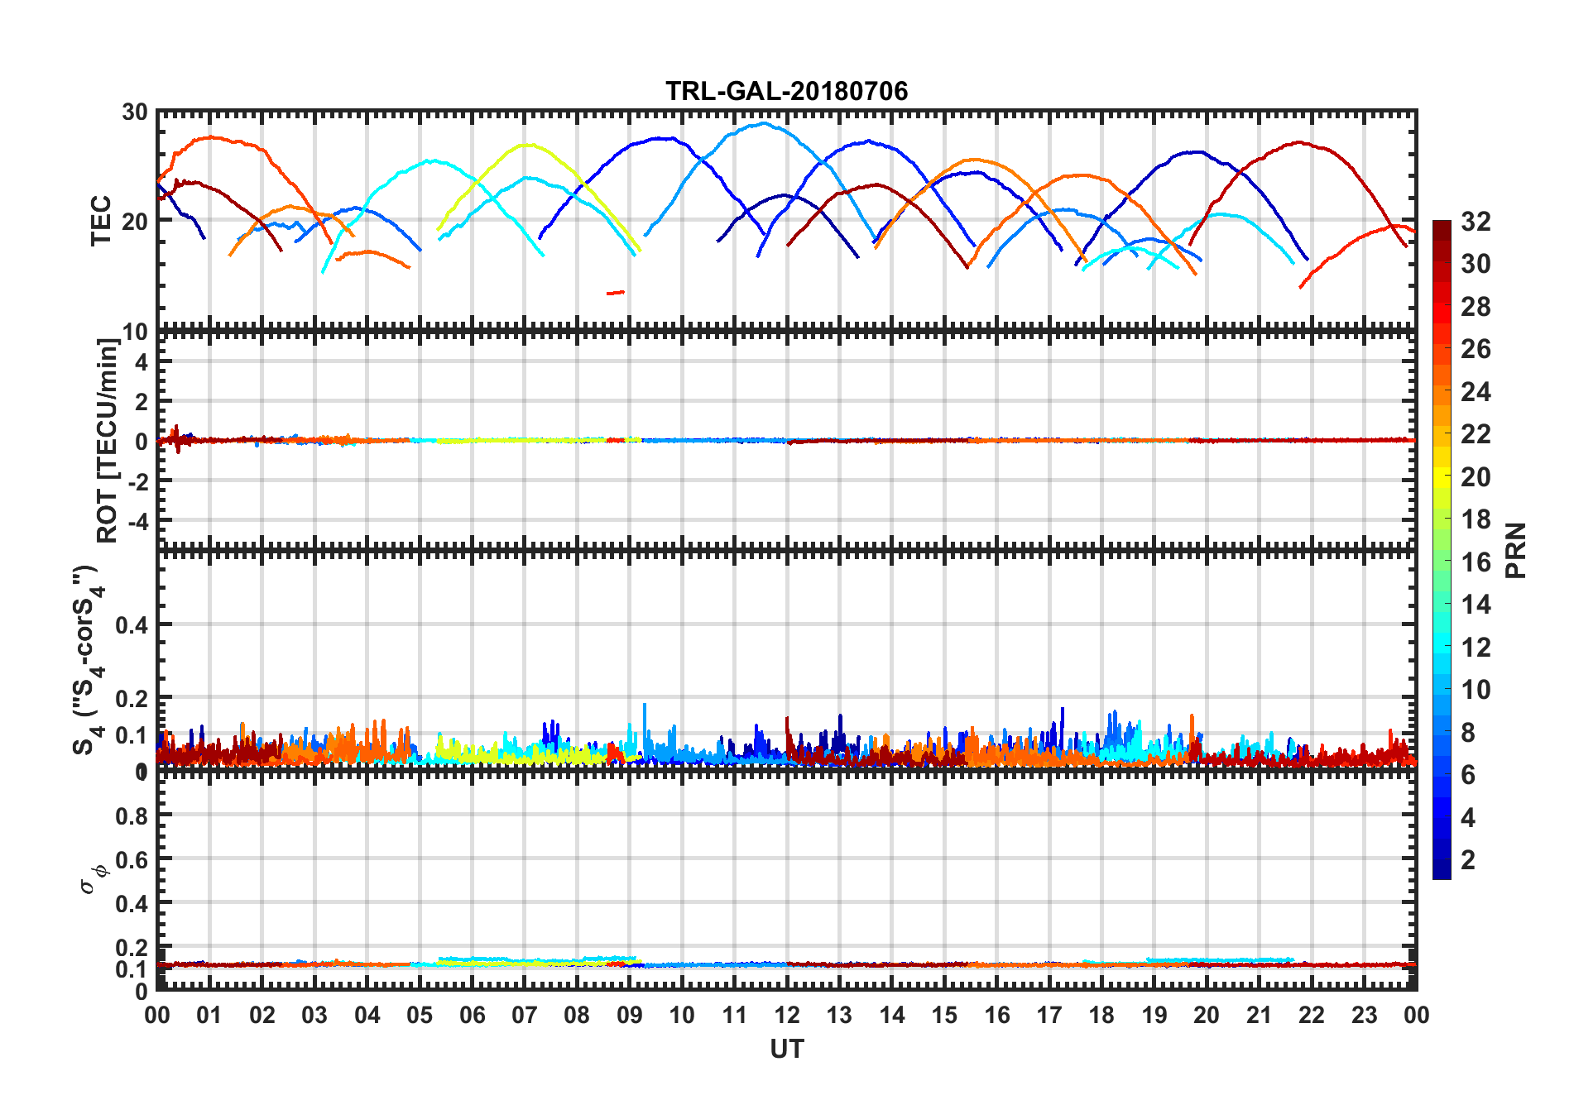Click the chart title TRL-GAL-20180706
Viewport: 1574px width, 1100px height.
click(x=786, y=90)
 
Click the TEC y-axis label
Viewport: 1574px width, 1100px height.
click(x=101, y=220)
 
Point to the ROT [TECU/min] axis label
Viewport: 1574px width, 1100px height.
click(x=108, y=440)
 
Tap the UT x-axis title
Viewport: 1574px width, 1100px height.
click(x=786, y=1049)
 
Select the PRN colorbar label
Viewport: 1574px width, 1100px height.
click(x=1516, y=550)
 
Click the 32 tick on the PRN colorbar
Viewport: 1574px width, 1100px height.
click(x=1476, y=222)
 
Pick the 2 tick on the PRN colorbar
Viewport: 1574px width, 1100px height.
click(x=1468, y=860)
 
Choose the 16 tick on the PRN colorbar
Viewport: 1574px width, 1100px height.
click(x=1476, y=562)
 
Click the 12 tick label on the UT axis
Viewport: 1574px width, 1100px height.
click(x=787, y=1015)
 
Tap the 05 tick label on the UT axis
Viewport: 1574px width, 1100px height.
click(x=420, y=1015)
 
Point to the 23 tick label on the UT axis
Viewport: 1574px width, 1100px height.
click(x=1364, y=1015)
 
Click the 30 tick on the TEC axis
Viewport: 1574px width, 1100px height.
click(x=135, y=112)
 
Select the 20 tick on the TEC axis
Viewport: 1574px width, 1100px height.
click(x=135, y=221)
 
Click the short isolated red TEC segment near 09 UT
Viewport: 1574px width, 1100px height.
click(x=616, y=292)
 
